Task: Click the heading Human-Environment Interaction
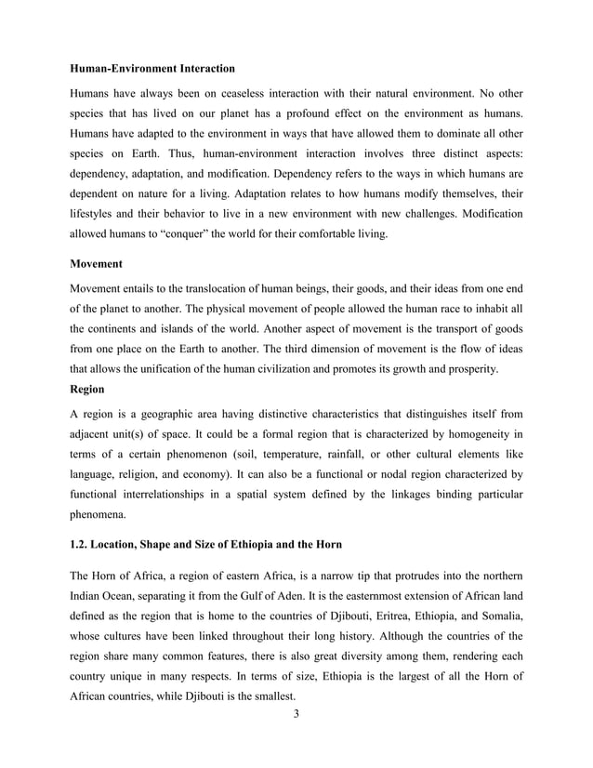(x=153, y=69)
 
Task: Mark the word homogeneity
(x=474, y=433)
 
